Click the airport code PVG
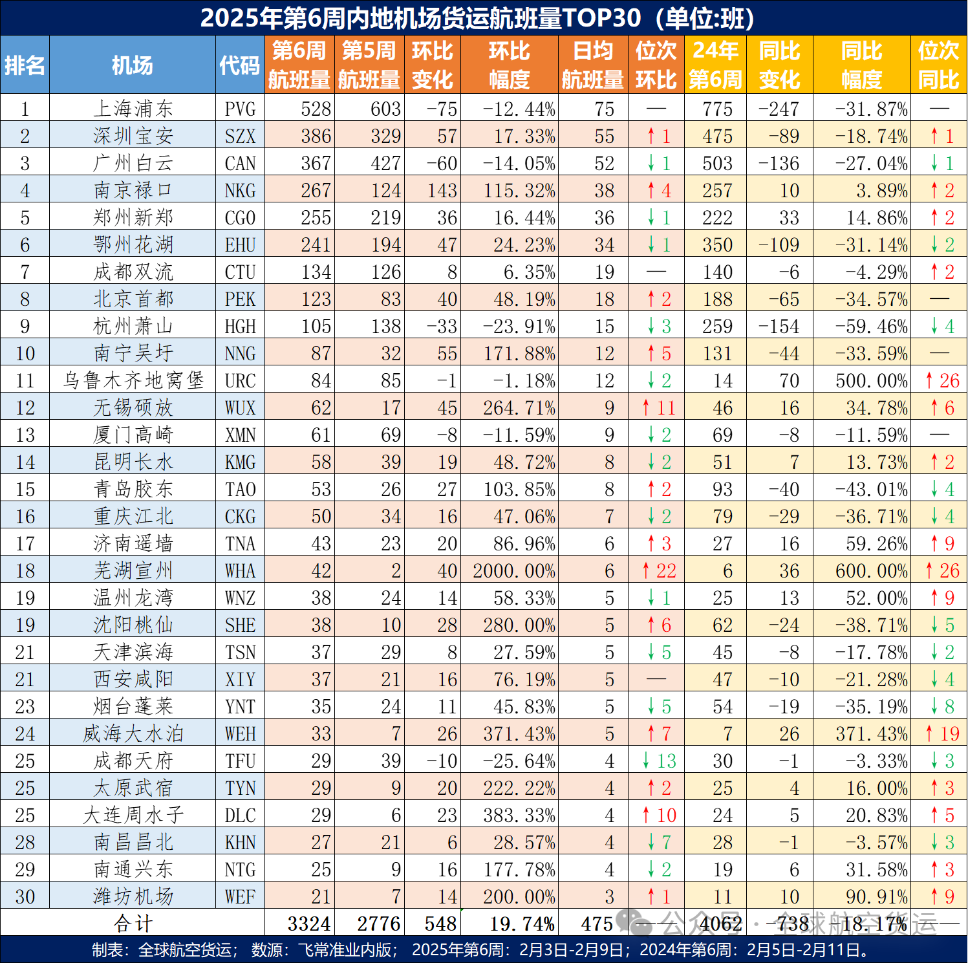coord(240,109)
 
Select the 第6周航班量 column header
coord(299,65)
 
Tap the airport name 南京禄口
coord(133,190)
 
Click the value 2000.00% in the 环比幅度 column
coord(513,570)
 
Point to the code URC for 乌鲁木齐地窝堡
coord(240,380)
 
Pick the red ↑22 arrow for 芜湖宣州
coord(659,570)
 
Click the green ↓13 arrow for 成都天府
coord(659,761)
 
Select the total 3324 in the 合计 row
coord(308,924)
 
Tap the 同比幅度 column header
coord(861,65)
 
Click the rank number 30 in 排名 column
coord(25,896)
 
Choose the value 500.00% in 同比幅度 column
coord(870,380)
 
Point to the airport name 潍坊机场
coord(133,896)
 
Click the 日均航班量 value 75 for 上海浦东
coord(604,109)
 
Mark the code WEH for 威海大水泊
coord(240,733)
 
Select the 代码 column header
coord(239,65)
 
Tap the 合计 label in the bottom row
coord(133,924)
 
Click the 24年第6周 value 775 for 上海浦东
coord(717,109)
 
